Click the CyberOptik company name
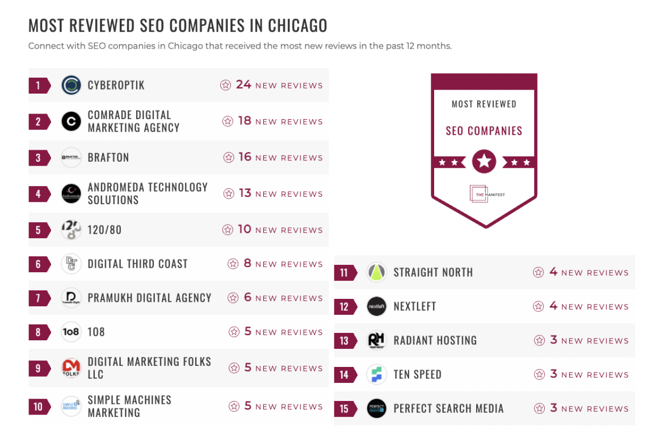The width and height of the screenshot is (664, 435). click(116, 85)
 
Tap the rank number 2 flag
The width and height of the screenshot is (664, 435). click(39, 121)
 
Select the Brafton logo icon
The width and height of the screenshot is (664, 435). click(72, 158)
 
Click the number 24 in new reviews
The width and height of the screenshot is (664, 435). click(243, 85)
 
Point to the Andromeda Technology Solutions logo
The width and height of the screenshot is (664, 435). click(72, 193)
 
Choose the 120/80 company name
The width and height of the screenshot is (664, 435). click(104, 230)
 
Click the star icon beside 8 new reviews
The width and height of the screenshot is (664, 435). click(233, 264)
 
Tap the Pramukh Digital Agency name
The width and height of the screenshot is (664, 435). click(149, 298)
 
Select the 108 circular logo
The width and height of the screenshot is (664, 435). click(72, 332)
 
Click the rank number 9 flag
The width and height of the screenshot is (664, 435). click(39, 368)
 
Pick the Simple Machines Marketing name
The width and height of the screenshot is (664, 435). click(129, 406)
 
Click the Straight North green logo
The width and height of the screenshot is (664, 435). click(377, 273)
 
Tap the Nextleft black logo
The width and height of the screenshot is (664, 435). click(377, 307)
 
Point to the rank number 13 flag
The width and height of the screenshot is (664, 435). click(344, 341)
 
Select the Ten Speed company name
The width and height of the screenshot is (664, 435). click(417, 374)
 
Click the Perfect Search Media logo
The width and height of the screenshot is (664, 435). click(377, 408)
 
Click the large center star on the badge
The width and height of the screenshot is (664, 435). click(484, 162)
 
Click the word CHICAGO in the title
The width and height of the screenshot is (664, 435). click(297, 26)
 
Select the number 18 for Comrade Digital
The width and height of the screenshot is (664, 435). click(245, 121)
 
